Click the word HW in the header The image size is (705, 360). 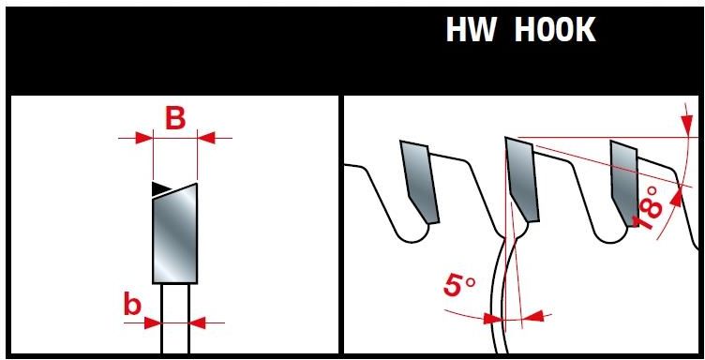[471, 31]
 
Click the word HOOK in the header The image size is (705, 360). [555, 31]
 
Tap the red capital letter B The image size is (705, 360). [175, 119]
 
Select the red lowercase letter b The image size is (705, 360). [132, 305]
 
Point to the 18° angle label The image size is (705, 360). [649, 208]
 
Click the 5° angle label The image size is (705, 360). [459, 286]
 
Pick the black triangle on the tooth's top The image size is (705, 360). [161, 189]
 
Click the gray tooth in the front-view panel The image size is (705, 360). [175, 233]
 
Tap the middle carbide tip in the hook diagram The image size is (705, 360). [522, 179]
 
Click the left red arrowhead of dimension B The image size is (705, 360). [144, 138]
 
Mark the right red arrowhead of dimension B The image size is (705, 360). [206, 138]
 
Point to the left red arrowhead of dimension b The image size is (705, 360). [153, 322]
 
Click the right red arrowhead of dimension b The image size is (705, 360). [198, 322]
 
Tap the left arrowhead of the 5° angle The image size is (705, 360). [493, 319]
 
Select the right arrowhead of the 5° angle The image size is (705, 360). [533, 316]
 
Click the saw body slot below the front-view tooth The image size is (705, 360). [175, 319]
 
